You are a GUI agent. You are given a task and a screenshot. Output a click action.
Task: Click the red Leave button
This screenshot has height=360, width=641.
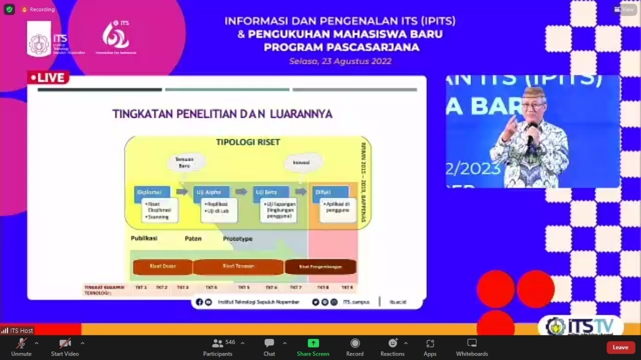[620, 347]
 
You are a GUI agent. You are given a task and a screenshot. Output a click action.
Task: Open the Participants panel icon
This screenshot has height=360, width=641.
[217, 343]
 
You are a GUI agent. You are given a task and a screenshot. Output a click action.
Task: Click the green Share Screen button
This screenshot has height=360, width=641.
[313, 343]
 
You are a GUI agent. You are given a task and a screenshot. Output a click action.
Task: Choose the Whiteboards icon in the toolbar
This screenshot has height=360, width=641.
[472, 343]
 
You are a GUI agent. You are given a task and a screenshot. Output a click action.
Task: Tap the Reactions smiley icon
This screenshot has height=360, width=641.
[393, 343]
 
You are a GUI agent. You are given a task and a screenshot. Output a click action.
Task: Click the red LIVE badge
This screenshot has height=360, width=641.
[48, 78]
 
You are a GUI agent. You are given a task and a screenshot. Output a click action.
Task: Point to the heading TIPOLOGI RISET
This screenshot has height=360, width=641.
[248, 142]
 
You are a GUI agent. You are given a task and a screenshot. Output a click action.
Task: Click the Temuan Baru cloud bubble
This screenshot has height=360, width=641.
[185, 162]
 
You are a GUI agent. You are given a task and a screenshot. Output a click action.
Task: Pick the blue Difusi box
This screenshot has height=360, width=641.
[330, 192]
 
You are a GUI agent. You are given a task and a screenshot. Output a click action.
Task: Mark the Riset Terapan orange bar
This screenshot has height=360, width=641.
[238, 267]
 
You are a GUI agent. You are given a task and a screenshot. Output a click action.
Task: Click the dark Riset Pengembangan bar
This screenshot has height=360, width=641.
[320, 267]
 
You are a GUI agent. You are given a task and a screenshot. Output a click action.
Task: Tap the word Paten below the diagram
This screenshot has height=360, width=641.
[193, 239]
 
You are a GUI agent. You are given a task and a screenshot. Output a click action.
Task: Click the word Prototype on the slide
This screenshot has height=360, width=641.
[237, 239]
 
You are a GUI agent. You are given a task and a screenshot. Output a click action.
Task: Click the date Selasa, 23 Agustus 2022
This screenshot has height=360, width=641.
[340, 62]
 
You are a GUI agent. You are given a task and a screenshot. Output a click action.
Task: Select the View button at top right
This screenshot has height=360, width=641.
[624, 10]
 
